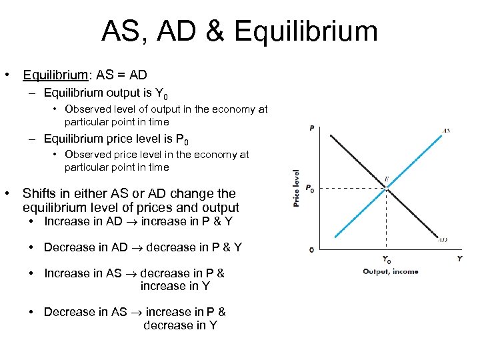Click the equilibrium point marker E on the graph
pyautogui.click(x=387, y=189)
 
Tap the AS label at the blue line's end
pyautogui.click(x=446, y=131)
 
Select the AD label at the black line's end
pyautogui.click(x=443, y=239)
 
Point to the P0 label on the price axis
pyautogui.click(x=310, y=189)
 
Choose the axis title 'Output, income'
pyautogui.click(x=390, y=271)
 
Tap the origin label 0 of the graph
pyautogui.click(x=311, y=249)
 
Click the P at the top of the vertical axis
pyautogui.click(x=312, y=128)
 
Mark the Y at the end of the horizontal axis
pyautogui.click(x=459, y=259)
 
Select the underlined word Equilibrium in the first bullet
pyautogui.click(x=54, y=75)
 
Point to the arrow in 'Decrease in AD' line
pyautogui.click(x=138, y=247)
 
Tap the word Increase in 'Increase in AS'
pyautogui.click(x=65, y=273)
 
